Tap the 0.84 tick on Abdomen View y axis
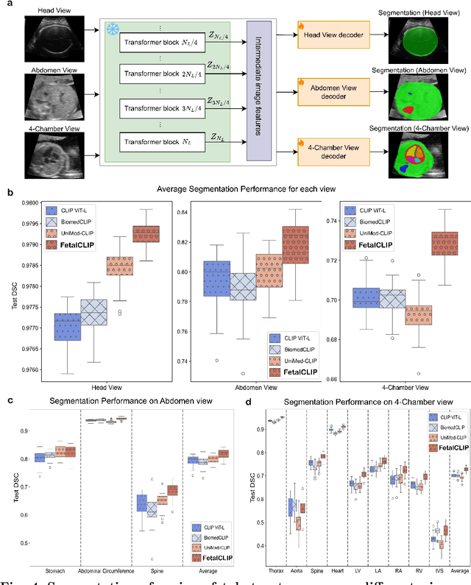click(x=186, y=213)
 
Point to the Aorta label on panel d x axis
click(x=296, y=570)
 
